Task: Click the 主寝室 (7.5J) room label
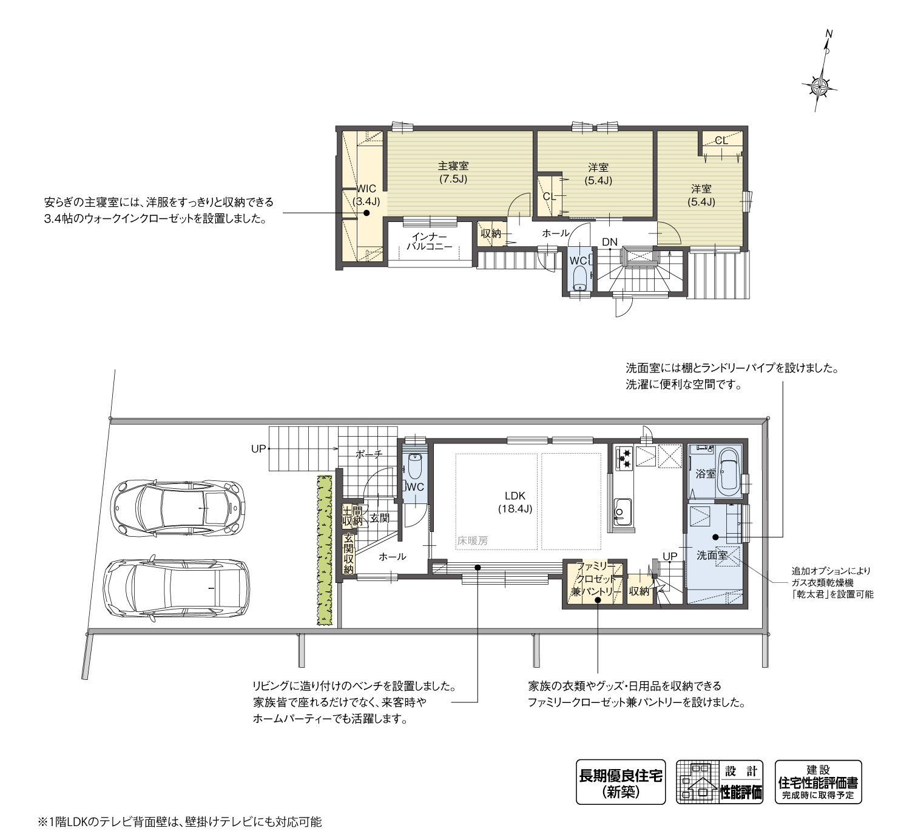[453, 172]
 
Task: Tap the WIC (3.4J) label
[366, 195]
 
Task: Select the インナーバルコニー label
[429, 241]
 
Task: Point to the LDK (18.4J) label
[515, 502]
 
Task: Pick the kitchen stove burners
[624, 457]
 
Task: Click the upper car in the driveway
[178, 508]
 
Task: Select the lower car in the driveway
[177, 588]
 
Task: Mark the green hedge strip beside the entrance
[325, 550]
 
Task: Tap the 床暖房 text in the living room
[473, 540]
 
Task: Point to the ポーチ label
[369, 454]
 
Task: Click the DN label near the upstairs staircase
[610, 242]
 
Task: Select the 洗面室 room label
[712, 556]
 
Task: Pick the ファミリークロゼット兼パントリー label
[596, 579]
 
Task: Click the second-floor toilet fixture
[579, 277]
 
